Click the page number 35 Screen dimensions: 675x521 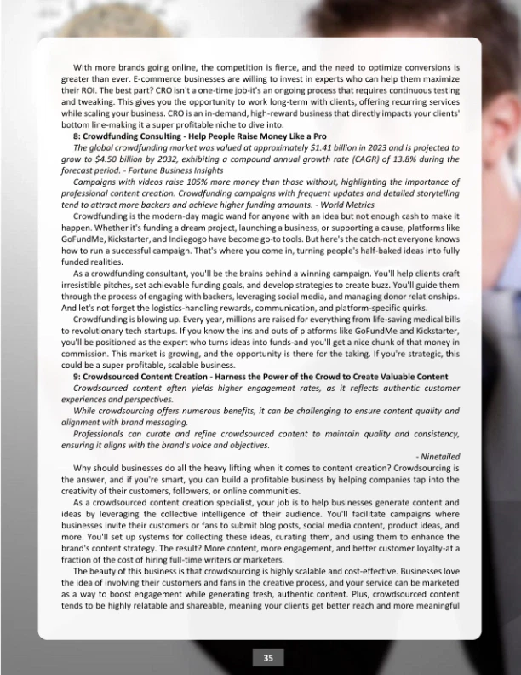[268, 657]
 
